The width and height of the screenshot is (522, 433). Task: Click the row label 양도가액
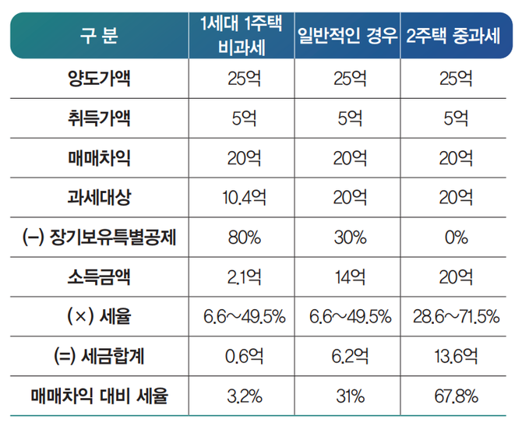[x=99, y=79]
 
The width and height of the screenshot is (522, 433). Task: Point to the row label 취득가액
[x=99, y=118]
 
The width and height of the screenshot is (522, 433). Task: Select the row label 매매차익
[x=99, y=158]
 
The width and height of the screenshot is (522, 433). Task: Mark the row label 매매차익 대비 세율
[x=99, y=397]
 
